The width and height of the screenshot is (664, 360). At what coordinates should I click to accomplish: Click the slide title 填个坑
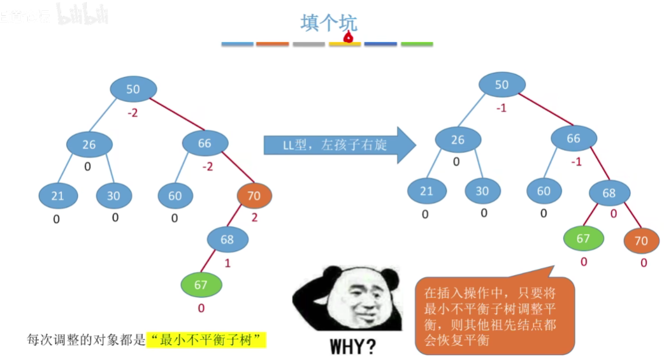click(x=329, y=23)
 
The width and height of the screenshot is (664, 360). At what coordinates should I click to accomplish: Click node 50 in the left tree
click(x=133, y=89)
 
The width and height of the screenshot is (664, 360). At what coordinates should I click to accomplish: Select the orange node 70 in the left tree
click(x=254, y=196)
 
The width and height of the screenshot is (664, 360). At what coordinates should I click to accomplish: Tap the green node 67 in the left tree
click(x=201, y=285)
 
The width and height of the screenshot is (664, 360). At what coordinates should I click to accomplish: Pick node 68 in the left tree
click(x=227, y=240)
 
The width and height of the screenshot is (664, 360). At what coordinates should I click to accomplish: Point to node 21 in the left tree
click(x=57, y=196)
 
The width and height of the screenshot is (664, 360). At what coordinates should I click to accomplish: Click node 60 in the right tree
click(x=544, y=191)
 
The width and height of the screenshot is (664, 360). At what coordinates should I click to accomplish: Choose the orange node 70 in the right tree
click(x=641, y=241)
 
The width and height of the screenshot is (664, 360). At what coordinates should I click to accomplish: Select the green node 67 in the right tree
click(x=583, y=238)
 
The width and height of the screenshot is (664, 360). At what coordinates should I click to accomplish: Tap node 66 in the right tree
click(x=574, y=138)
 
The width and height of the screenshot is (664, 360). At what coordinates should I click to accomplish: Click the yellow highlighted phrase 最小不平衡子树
click(x=206, y=340)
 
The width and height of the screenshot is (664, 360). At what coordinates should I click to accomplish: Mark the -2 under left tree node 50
click(x=133, y=113)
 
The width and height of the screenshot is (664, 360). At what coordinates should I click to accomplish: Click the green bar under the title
click(x=417, y=44)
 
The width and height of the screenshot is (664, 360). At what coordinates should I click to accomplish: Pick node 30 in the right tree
click(x=482, y=191)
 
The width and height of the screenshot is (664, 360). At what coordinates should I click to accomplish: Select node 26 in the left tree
click(x=89, y=145)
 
